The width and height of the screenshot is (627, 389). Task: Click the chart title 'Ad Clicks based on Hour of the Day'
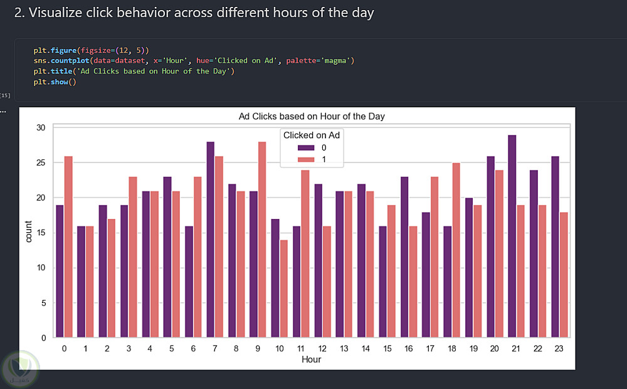(312, 117)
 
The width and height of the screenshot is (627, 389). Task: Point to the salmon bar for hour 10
(283, 289)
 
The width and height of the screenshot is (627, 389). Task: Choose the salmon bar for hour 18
(456, 250)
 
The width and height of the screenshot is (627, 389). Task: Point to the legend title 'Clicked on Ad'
(312, 135)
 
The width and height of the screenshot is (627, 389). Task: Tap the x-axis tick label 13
(344, 348)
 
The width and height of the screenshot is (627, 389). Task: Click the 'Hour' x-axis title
(312, 360)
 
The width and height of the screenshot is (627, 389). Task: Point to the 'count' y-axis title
(29, 233)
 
